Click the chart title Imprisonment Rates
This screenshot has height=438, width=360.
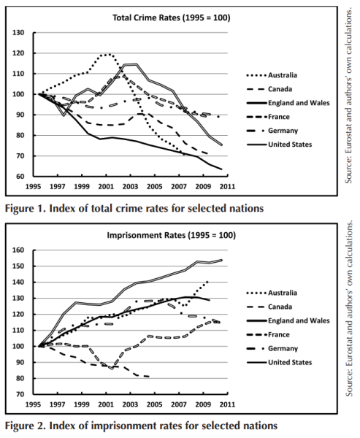click(146, 235)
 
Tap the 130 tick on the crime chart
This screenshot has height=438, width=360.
click(18, 33)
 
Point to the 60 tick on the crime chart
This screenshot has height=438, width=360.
click(20, 176)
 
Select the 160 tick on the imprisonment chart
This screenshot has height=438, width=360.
click(18, 250)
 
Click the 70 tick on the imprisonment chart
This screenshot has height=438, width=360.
click(20, 394)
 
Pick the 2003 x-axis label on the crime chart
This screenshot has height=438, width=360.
click(130, 186)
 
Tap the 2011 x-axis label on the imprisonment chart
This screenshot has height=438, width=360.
click(227, 404)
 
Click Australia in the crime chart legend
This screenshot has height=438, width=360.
click(283, 75)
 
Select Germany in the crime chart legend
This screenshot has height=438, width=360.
click(283, 131)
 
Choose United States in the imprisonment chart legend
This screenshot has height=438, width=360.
click(290, 362)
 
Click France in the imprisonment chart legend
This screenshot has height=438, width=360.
click(279, 334)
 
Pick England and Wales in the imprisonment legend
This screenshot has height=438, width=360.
click(299, 320)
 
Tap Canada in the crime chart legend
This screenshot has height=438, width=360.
click(280, 89)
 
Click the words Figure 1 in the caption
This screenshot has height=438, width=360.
click(25, 208)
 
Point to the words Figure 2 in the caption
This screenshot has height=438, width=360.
click(25, 426)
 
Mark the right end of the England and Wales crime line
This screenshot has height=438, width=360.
click(221, 169)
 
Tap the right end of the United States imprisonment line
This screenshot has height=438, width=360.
click(222, 260)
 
